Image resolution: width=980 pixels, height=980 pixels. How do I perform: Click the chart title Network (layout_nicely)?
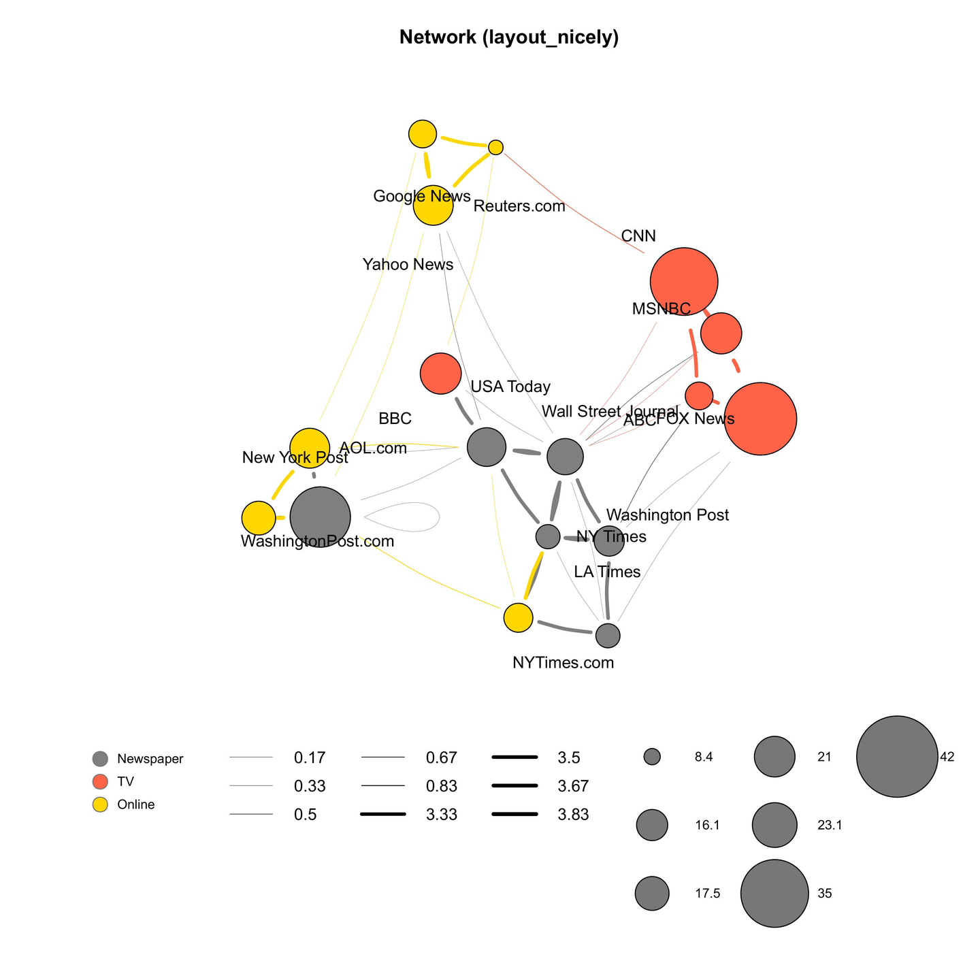pyautogui.click(x=508, y=37)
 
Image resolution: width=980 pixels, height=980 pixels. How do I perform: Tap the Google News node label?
pyautogui.click(x=422, y=197)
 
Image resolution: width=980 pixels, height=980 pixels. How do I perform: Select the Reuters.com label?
pyautogui.click(x=519, y=206)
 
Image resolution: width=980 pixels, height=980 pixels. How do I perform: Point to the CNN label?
pyautogui.click(x=638, y=236)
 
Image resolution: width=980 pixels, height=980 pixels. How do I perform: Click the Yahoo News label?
pyautogui.click(x=408, y=265)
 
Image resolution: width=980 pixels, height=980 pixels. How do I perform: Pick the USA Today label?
pyautogui.click(x=510, y=387)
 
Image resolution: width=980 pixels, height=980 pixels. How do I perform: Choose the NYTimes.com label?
pyautogui.click(x=563, y=663)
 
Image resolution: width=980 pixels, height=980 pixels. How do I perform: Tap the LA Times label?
pyautogui.click(x=607, y=572)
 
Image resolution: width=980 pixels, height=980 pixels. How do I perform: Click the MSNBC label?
pyautogui.click(x=661, y=309)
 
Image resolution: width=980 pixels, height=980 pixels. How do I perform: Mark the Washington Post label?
pyautogui.click(x=667, y=515)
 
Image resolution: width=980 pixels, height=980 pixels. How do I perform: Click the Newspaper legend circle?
pyautogui.click(x=100, y=758)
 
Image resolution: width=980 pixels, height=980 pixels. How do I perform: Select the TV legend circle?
pyautogui.click(x=100, y=781)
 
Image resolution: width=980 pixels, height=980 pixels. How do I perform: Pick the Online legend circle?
pyautogui.click(x=100, y=804)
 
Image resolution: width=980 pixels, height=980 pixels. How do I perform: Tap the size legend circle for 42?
pyautogui.click(x=897, y=757)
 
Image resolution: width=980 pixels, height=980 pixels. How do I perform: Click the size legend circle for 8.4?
pyautogui.click(x=652, y=757)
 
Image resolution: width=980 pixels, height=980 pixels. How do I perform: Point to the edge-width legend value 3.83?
pyautogui.click(x=573, y=815)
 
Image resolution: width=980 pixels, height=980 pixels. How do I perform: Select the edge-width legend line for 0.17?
pyautogui.click(x=251, y=757)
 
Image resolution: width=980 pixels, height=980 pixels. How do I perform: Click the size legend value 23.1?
pyautogui.click(x=830, y=826)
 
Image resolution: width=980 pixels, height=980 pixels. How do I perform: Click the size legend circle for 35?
pyautogui.click(x=774, y=894)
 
